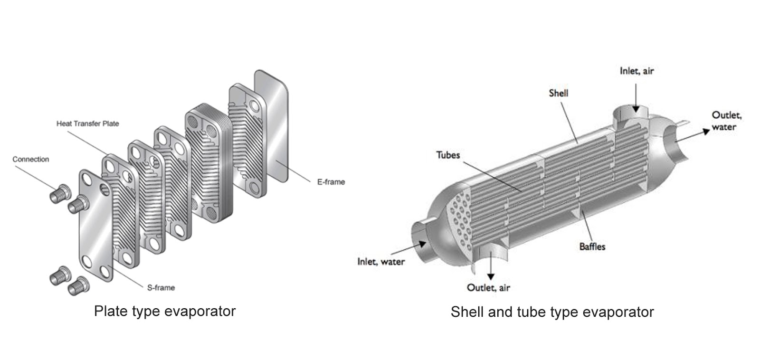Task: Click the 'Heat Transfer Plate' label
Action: (87, 123)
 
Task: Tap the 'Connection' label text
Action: (30, 159)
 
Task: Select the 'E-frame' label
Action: (331, 181)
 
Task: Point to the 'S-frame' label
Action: (161, 287)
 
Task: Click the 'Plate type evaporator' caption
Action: (164, 311)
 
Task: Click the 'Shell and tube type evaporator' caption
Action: (552, 312)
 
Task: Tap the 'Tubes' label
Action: (448, 155)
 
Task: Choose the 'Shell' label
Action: (558, 93)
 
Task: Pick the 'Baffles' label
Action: (592, 246)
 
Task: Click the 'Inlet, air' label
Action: (636, 71)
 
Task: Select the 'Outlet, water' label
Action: (726, 121)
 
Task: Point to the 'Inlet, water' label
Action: (381, 262)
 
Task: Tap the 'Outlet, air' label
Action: (488, 287)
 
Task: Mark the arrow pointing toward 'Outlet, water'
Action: (693, 133)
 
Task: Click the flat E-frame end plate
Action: (272, 126)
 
